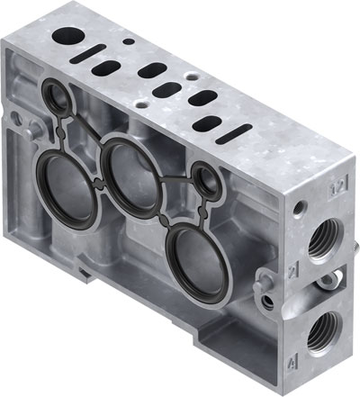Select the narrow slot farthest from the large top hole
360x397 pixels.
209,124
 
